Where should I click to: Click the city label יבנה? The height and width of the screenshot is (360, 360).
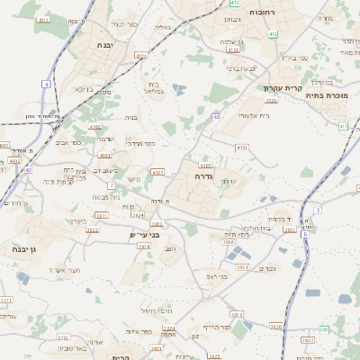click(102, 42)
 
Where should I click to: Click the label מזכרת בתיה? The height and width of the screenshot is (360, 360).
click(326, 94)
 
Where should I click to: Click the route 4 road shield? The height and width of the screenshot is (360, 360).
click(45, 84)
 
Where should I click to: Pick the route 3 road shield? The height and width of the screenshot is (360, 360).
click(317, 210)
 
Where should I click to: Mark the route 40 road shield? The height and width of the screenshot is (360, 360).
click(216, 116)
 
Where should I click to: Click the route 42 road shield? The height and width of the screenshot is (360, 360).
click(28, 169)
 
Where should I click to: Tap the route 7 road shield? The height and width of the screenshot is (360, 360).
click(112, 185)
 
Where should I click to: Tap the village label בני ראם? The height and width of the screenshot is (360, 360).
click(215, 276)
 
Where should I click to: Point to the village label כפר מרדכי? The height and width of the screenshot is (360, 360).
click(142, 144)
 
